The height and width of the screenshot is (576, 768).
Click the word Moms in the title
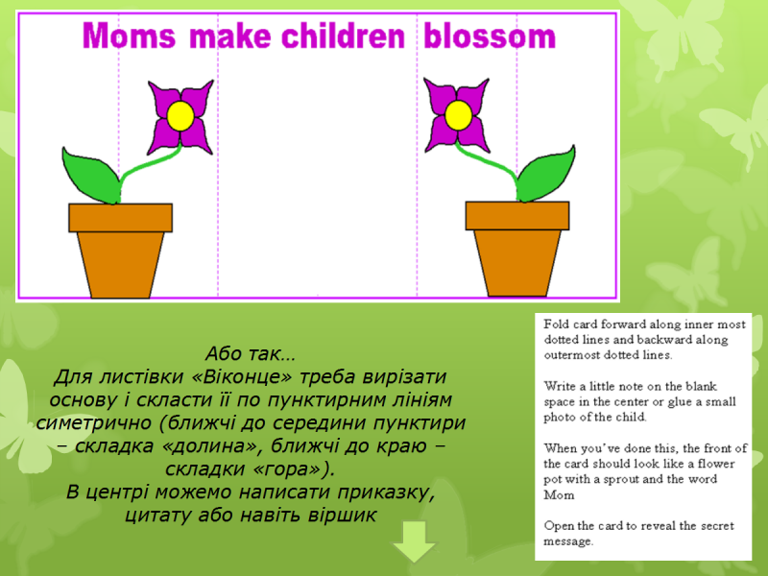[130, 36]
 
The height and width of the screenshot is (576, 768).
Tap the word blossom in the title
[490, 36]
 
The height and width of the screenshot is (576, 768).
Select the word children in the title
[344, 36]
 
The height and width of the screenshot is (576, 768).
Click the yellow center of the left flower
[180, 116]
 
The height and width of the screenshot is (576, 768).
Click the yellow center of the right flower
[459, 115]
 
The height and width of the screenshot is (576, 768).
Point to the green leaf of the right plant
[546, 174]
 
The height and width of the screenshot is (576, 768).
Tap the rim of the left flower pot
[121, 218]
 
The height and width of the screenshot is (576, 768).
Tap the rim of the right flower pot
[517, 215]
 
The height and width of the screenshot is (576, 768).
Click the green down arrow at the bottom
[415, 541]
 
